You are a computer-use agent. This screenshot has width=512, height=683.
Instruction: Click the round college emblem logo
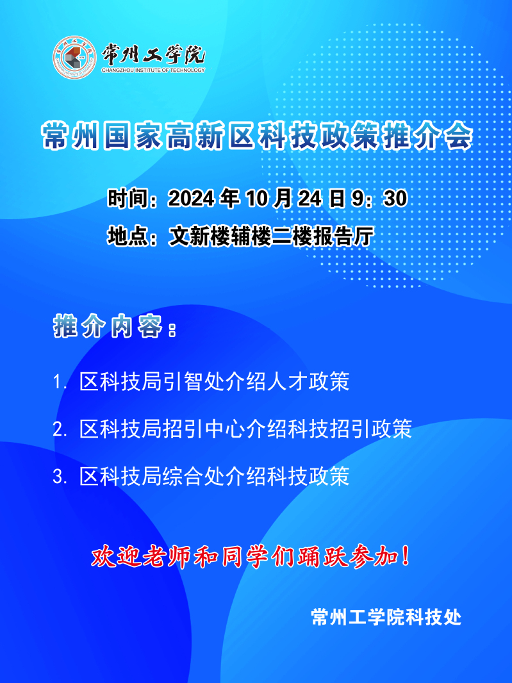pyautogui.click(x=74, y=58)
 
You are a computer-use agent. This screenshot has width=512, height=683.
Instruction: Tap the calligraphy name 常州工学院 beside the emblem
pyautogui.click(x=153, y=54)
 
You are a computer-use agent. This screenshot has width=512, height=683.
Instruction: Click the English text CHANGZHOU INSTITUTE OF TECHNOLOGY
pyautogui.click(x=153, y=70)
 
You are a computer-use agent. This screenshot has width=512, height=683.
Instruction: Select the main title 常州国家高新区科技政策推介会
pyautogui.click(x=257, y=136)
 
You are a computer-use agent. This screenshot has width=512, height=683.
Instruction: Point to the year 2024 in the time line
pyautogui.click(x=191, y=199)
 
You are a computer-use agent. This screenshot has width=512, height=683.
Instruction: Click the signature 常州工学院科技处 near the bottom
pyautogui.click(x=386, y=617)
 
